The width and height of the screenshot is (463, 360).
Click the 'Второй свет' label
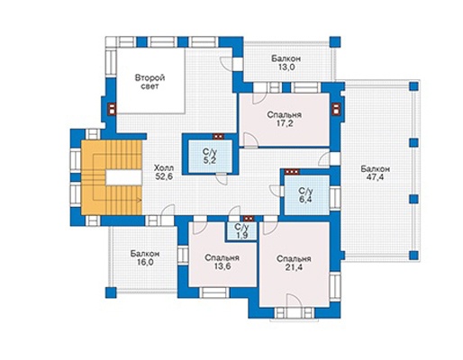tap(150, 82)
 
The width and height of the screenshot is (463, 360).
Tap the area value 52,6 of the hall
tap(164, 177)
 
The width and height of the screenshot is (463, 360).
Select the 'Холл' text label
tap(164, 167)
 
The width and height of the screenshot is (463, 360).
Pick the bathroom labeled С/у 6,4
tap(306, 195)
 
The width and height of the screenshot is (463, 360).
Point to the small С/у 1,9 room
tap(241, 231)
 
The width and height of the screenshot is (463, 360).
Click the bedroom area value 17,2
tap(286, 123)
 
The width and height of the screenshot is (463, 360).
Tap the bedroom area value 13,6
tap(222, 266)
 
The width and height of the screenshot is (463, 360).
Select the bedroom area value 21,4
tap(294, 267)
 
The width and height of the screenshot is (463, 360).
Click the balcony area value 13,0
tap(286, 67)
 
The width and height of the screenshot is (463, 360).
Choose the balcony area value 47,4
tap(375, 177)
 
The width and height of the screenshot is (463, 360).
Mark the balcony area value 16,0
tap(145, 262)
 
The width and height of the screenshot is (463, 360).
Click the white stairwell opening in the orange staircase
tap(123, 177)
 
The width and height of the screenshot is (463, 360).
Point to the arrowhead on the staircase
tap(140, 200)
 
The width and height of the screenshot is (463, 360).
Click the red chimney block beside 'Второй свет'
tap(112, 109)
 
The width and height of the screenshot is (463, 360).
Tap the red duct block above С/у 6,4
tap(292, 172)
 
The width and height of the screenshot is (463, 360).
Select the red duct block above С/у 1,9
tap(249, 219)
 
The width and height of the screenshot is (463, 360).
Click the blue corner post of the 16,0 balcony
tap(111, 292)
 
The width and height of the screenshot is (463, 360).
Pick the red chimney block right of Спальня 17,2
tap(336, 109)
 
